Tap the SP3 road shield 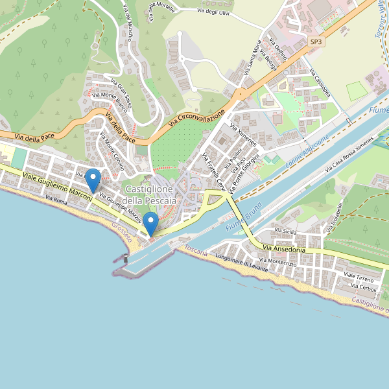[316, 42]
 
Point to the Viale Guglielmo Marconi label [57, 185]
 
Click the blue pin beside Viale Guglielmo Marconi [93, 180]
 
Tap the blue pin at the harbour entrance [150, 224]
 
